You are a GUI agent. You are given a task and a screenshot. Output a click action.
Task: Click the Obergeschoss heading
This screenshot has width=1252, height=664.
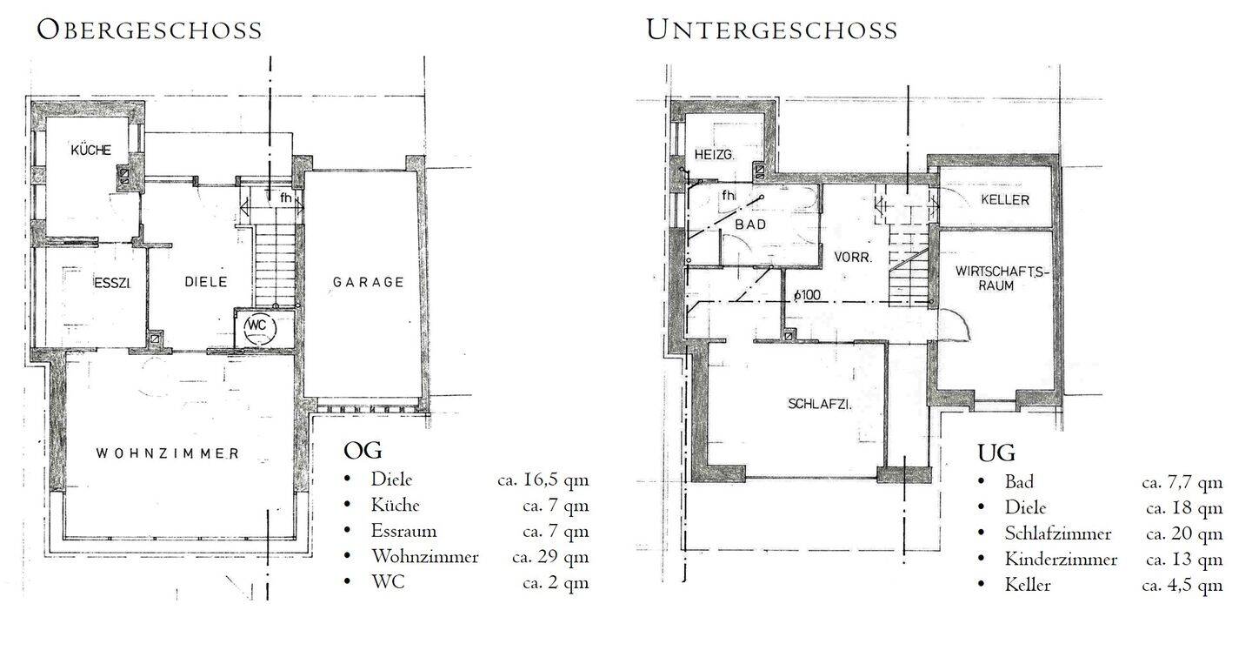[150, 30]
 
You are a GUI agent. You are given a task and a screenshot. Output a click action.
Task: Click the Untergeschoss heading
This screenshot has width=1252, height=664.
[772, 30]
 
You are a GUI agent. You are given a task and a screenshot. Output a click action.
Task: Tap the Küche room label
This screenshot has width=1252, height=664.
[91, 150]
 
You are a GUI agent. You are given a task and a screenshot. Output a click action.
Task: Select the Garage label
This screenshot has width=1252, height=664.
[368, 282]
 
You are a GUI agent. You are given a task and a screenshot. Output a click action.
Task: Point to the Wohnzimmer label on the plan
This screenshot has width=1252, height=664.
[168, 453]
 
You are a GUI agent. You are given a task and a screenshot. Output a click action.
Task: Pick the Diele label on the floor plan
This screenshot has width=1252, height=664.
[206, 281]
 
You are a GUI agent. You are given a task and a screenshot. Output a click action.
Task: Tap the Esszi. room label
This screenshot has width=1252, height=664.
[112, 283]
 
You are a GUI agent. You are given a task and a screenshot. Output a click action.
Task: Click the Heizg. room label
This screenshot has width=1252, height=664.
[715, 154]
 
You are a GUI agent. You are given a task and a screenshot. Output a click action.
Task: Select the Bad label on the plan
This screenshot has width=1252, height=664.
[750, 225]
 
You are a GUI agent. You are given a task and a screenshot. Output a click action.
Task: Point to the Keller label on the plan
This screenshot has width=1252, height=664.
[1005, 199]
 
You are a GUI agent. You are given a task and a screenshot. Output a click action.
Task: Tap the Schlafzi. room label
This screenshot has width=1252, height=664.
[820, 404]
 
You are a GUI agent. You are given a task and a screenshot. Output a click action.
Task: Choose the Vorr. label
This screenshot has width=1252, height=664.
[853, 258]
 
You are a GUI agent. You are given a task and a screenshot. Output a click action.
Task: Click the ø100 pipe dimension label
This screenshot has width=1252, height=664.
[807, 294]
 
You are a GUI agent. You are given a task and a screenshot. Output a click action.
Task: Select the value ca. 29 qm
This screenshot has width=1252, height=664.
[550, 557]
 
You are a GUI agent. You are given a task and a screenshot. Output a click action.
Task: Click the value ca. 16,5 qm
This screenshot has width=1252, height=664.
[543, 480]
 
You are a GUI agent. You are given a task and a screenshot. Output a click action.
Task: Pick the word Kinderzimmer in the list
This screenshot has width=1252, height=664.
[1061, 560]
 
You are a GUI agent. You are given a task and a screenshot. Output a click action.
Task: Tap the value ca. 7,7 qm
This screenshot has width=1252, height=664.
[1182, 483]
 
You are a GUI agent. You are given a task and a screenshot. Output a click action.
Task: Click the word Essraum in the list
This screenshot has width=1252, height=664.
[403, 531]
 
